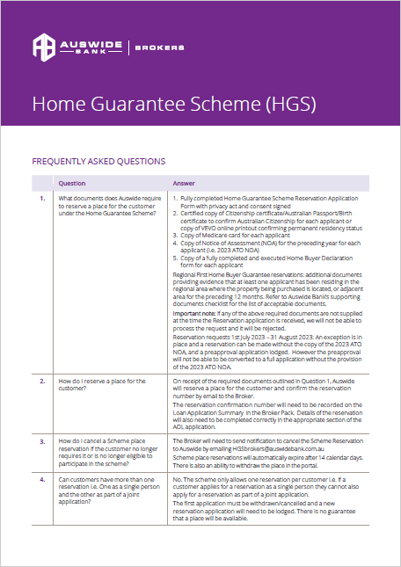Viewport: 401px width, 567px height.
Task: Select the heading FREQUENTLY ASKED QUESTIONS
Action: tap(98, 162)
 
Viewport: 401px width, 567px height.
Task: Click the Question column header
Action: tap(72, 184)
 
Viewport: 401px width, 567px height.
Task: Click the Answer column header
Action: tap(184, 184)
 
